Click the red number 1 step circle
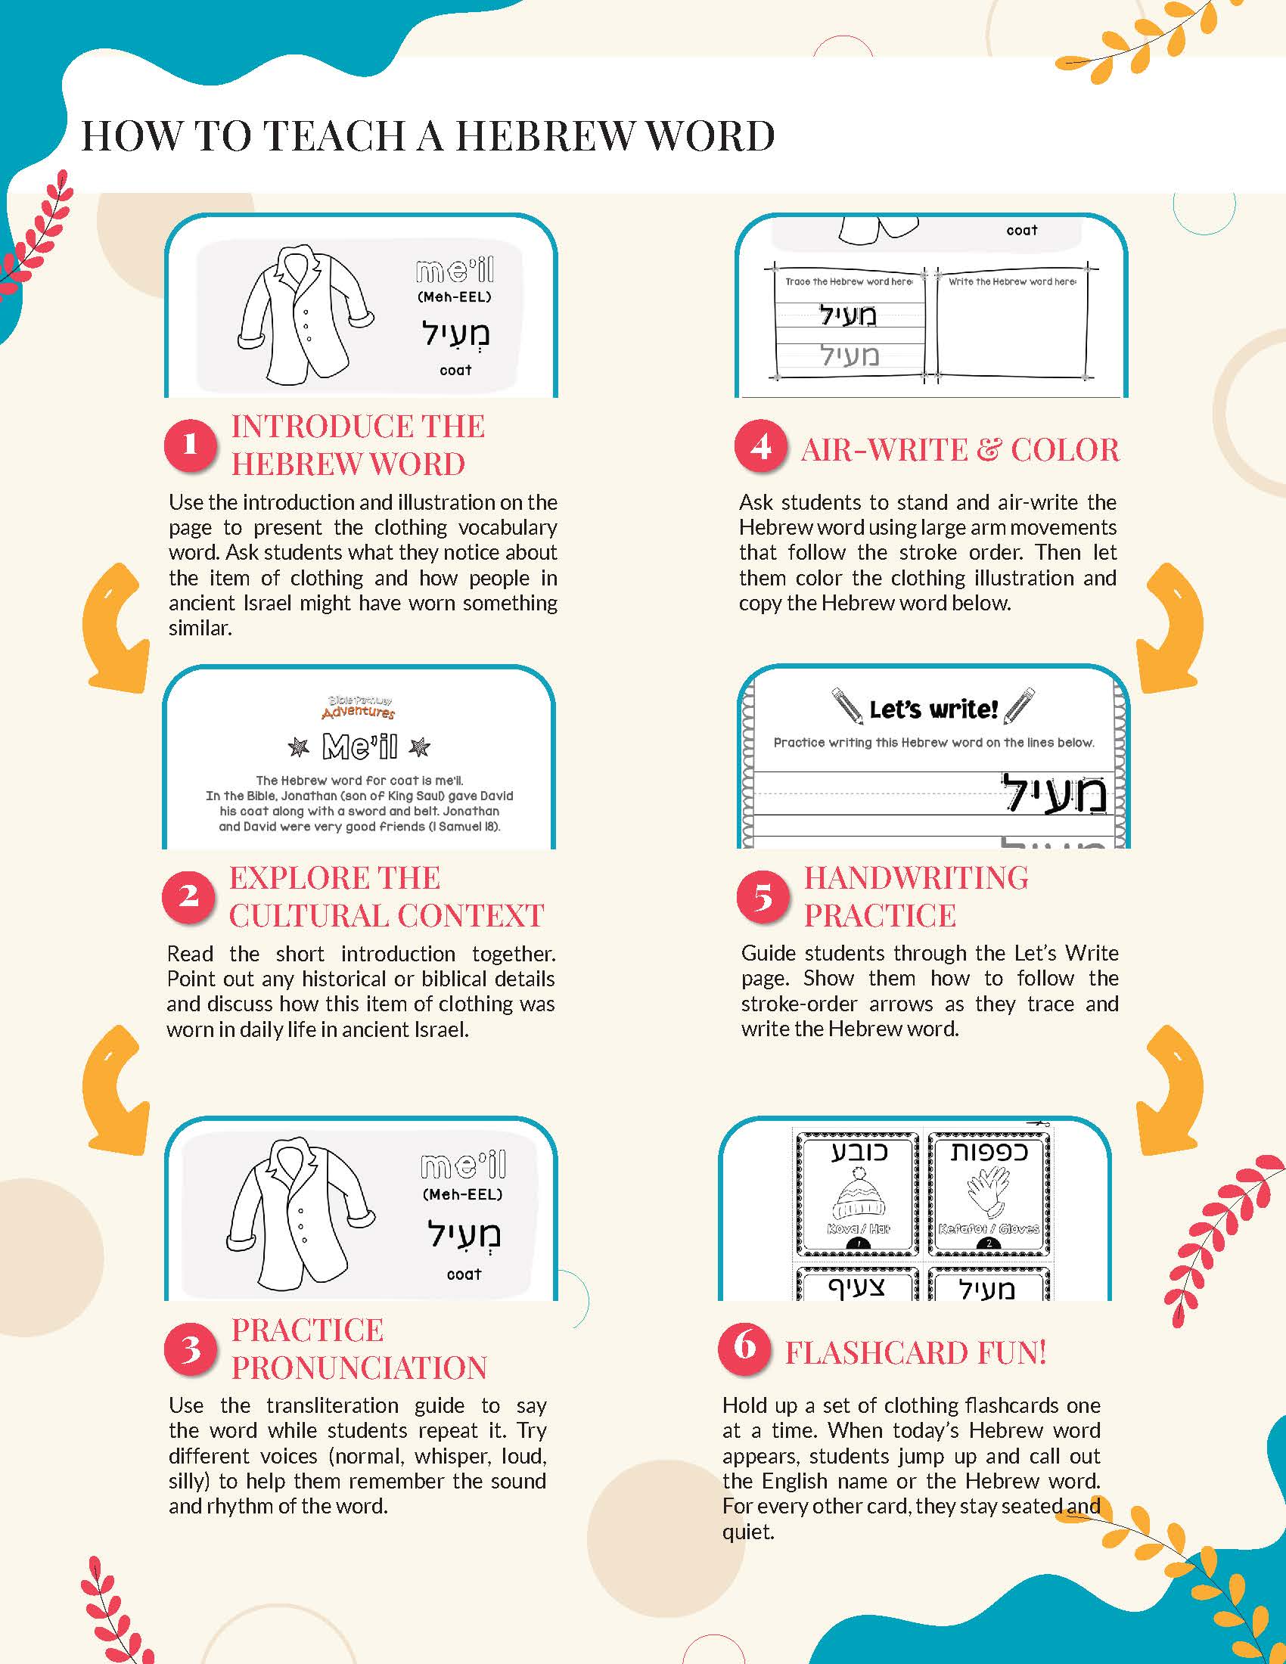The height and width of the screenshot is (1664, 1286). click(x=190, y=445)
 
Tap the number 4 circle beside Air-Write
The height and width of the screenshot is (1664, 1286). click(x=759, y=446)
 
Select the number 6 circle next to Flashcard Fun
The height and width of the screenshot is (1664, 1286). click(x=744, y=1348)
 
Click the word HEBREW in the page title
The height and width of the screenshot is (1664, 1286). click(x=543, y=136)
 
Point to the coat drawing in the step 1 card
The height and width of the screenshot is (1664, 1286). click(x=303, y=315)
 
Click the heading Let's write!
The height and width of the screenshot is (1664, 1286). click(x=933, y=709)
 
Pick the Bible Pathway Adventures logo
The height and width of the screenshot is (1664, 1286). click(x=358, y=707)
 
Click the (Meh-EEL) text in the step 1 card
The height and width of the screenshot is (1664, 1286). click(x=455, y=297)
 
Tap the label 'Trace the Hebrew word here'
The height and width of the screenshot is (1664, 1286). click(x=848, y=282)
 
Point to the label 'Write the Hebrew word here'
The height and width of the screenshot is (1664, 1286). click(x=1011, y=282)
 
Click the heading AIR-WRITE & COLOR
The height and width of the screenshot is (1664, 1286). click(x=960, y=449)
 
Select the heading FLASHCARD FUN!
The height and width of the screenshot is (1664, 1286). click(x=916, y=1352)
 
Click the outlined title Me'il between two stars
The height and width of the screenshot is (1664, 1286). click(x=359, y=747)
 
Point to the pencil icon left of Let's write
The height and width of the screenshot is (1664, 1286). click(x=846, y=706)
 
